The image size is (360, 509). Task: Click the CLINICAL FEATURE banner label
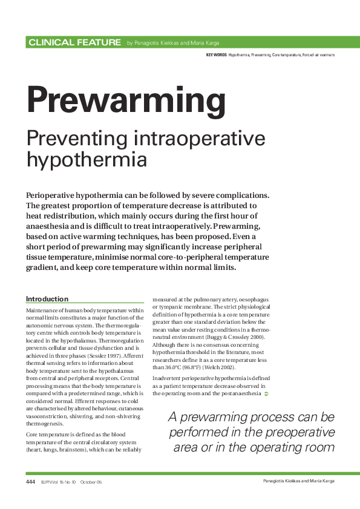[74, 42]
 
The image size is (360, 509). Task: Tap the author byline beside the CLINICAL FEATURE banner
[173, 43]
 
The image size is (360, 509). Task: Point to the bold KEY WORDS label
[216, 55]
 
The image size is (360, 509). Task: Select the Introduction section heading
[47, 299]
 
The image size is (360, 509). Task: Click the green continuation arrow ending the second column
[266, 393]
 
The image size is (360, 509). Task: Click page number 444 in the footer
[30, 482]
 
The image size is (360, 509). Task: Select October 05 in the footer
[91, 482]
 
